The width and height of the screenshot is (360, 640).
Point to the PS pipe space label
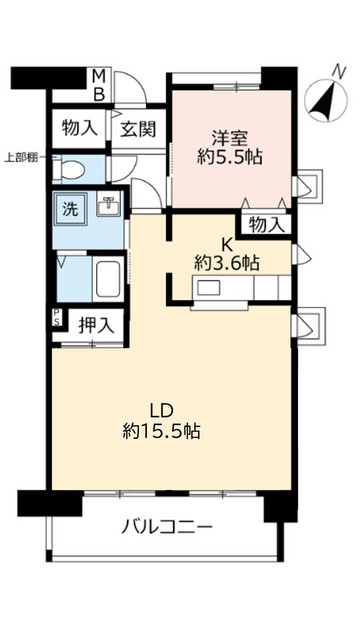(x=56, y=321)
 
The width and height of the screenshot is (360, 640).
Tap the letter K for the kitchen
(x=226, y=241)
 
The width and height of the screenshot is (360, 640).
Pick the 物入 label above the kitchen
(x=265, y=224)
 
